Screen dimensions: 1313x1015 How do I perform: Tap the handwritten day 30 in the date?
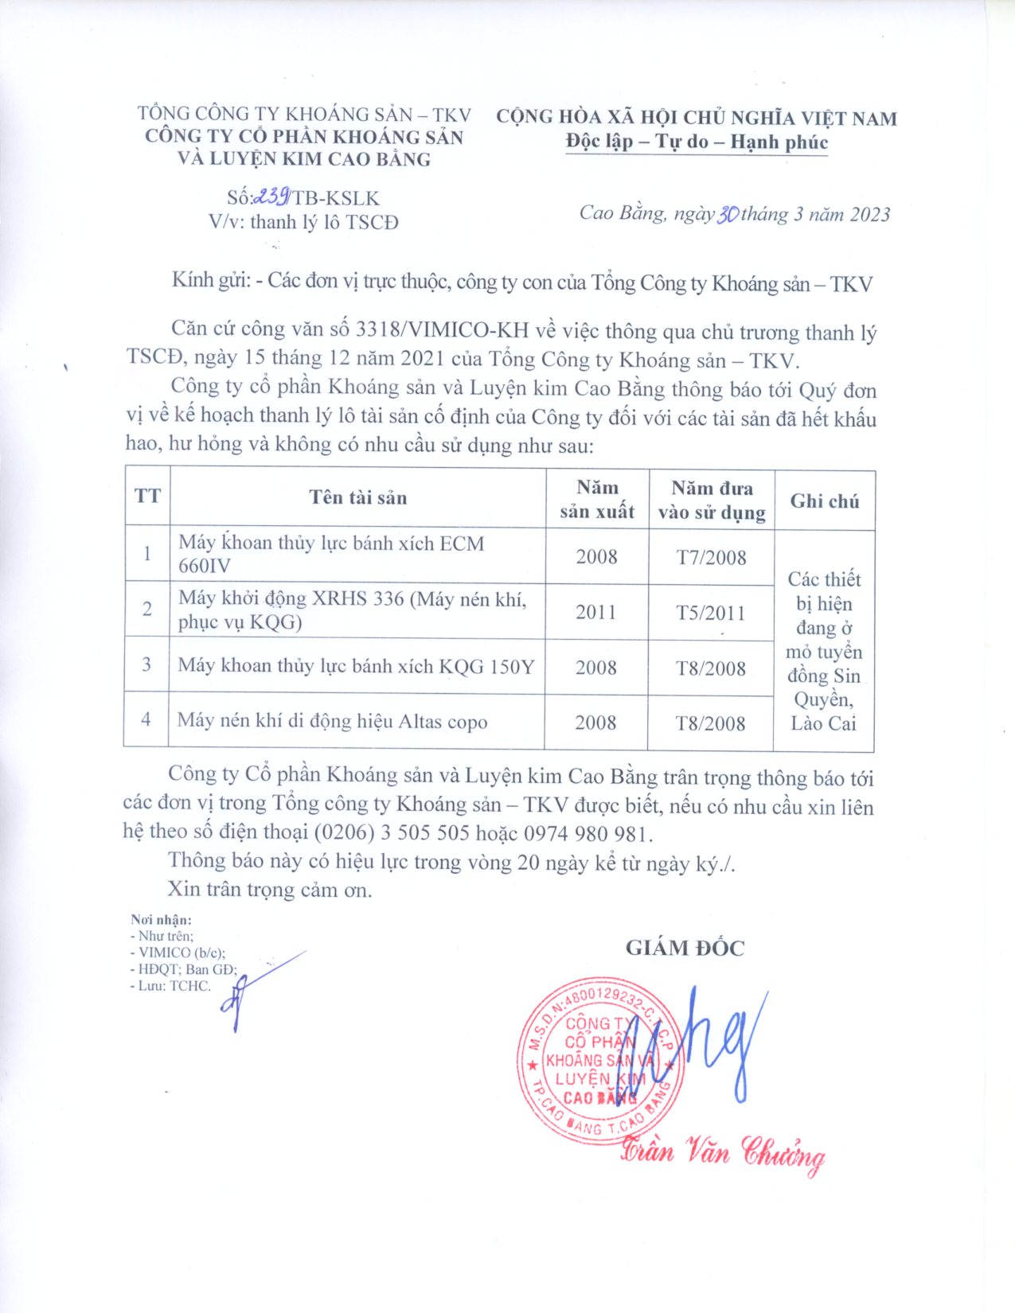pos(728,214)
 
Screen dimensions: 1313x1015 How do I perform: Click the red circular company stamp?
pos(601,1062)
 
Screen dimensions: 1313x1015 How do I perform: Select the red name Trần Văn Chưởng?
pos(722,1152)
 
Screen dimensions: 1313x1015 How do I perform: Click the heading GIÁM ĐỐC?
pos(685,948)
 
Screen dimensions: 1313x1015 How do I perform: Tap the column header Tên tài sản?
pos(357,498)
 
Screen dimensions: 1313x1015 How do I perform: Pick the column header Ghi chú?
pos(824,501)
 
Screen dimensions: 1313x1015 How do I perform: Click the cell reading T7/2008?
pos(711,557)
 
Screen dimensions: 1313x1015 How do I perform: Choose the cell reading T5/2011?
pos(711,613)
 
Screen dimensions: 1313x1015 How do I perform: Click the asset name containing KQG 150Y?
pos(356,666)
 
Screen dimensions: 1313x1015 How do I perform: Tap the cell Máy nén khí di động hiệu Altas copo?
pos(332,722)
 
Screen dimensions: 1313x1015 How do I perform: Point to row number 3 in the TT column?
pos(146,664)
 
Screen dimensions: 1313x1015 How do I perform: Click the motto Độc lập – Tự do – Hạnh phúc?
pos(697,142)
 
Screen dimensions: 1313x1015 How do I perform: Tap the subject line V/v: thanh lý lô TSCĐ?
pos(303,221)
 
